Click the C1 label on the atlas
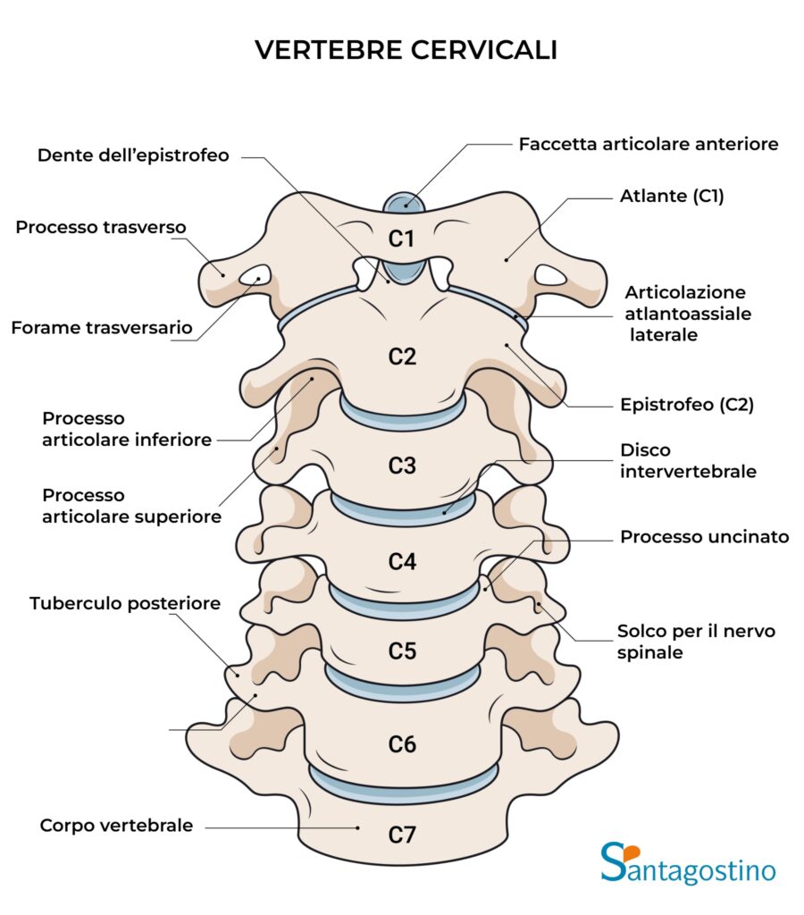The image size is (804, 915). (401, 239)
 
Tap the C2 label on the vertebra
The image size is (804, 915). (402, 357)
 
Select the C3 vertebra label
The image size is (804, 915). (402, 466)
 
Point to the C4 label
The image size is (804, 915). (402, 562)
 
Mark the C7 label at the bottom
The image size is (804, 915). (402, 835)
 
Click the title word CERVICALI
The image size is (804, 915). (484, 51)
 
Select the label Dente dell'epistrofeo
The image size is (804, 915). (133, 155)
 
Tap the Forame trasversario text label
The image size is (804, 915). (102, 328)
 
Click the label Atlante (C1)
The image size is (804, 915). (672, 197)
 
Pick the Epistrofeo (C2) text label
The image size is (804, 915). (687, 405)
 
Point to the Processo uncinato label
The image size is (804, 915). (705, 537)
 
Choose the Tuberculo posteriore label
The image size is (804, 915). (125, 604)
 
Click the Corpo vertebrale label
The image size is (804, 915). (116, 826)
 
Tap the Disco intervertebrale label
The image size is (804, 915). (688, 460)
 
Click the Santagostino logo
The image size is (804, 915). (688, 863)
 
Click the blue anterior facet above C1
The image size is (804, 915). (404, 202)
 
